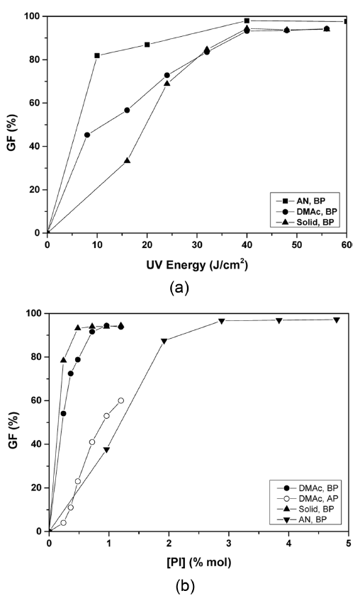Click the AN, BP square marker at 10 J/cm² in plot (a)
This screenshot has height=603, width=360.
[97, 55]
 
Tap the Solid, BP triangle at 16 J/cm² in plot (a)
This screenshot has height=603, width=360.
[127, 161]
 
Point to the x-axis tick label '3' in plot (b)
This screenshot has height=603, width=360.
[228, 543]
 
